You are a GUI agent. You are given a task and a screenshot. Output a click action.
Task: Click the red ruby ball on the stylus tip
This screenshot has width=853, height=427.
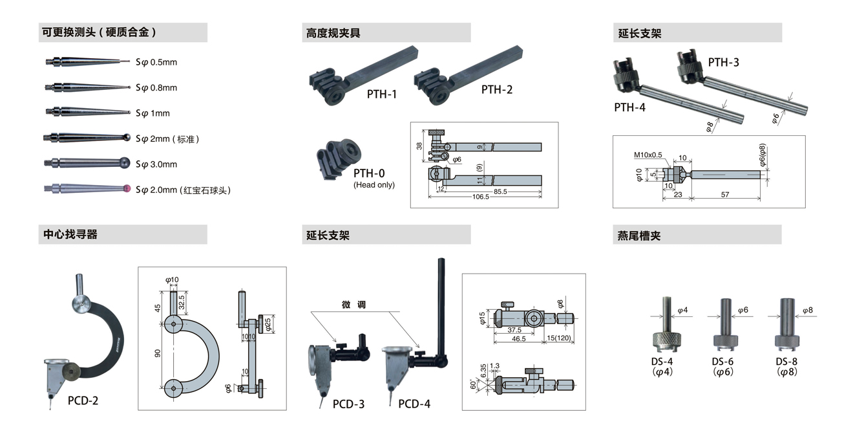127,189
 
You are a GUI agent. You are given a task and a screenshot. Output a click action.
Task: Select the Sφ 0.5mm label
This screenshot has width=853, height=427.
156,62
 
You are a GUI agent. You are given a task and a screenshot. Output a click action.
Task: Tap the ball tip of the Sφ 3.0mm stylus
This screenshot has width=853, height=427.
124,164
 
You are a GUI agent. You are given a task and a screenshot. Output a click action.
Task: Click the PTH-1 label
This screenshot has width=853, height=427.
382,94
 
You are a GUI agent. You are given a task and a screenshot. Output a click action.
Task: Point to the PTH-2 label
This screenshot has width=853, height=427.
497,90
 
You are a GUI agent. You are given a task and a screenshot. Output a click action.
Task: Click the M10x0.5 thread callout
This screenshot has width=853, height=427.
648,155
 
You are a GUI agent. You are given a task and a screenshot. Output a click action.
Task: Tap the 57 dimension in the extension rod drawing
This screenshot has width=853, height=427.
725,194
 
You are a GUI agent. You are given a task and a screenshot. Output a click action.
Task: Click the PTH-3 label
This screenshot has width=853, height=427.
724,62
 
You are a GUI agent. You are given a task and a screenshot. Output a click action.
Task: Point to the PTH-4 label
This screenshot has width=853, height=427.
629,107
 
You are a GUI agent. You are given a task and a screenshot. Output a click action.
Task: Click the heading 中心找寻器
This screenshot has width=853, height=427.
70,234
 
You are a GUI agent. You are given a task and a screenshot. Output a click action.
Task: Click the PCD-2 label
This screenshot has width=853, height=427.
83,400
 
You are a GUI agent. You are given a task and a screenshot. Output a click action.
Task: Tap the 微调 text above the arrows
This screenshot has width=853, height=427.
353,305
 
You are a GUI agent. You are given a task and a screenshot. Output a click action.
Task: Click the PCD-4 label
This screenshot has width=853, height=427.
414,404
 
